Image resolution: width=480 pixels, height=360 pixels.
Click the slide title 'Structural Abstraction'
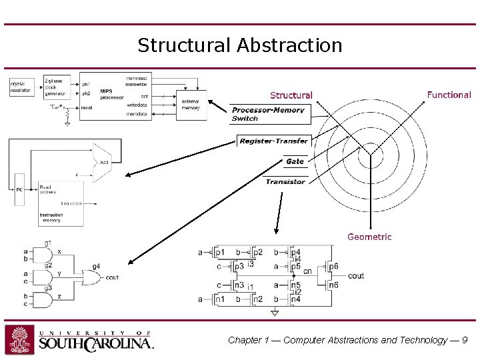[x=239, y=45]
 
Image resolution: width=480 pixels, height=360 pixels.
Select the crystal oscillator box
[x=21, y=86]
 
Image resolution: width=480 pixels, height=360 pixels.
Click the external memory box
[x=191, y=104]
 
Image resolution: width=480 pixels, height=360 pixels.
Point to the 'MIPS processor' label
[x=111, y=94]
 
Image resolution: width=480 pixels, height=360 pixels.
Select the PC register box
[x=19, y=189]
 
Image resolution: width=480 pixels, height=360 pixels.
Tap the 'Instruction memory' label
[x=52, y=218]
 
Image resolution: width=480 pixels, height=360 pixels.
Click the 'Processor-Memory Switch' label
[x=267, y=114]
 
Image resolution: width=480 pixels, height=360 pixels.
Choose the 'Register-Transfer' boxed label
[x=273, y=141]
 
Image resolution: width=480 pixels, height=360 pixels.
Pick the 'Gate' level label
[x=294, y=161]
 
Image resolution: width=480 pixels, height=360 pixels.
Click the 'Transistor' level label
[x=285, y=181]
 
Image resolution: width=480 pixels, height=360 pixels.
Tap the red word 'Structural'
[x=291, y=95]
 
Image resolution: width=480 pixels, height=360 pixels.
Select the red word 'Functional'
[x=449, y=95]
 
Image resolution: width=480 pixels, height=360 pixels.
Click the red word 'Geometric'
[x=369, y=237]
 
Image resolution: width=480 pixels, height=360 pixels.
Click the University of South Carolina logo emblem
[x=20, y=339]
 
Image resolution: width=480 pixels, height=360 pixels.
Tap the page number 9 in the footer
[x=465, y=340]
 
